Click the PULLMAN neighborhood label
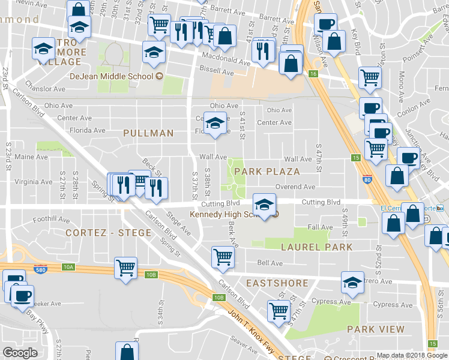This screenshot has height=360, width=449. pos(148,133)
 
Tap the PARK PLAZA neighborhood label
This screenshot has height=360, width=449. pos(267,172)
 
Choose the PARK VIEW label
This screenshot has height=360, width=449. pos(376,329)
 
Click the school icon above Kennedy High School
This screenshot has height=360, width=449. pos(264,203)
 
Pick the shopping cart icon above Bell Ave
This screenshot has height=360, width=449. pos(223,256)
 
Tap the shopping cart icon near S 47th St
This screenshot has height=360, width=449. pos(279,311)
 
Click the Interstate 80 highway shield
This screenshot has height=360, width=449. pos(367,179)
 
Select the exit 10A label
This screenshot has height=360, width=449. pos(68,266)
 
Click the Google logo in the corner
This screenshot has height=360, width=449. pos(20,353)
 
